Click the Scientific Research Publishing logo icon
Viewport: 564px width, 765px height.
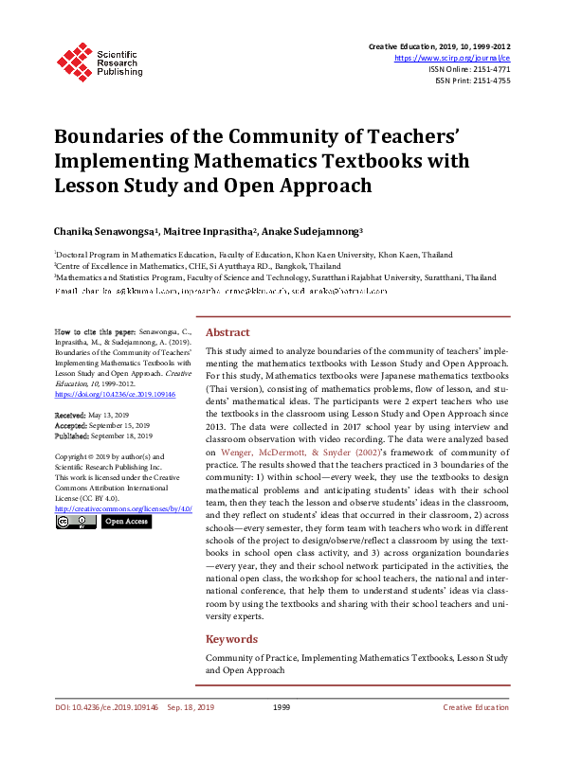click(74, 60)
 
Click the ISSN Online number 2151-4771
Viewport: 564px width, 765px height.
click(487, 69)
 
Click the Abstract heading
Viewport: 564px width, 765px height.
click(227, 333)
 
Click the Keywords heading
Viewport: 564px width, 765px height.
click(230, 639)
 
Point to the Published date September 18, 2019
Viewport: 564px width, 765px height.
click(123, 436)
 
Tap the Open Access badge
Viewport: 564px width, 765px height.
click(125, 521)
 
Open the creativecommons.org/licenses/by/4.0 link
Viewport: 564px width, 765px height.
click(123, 508)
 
